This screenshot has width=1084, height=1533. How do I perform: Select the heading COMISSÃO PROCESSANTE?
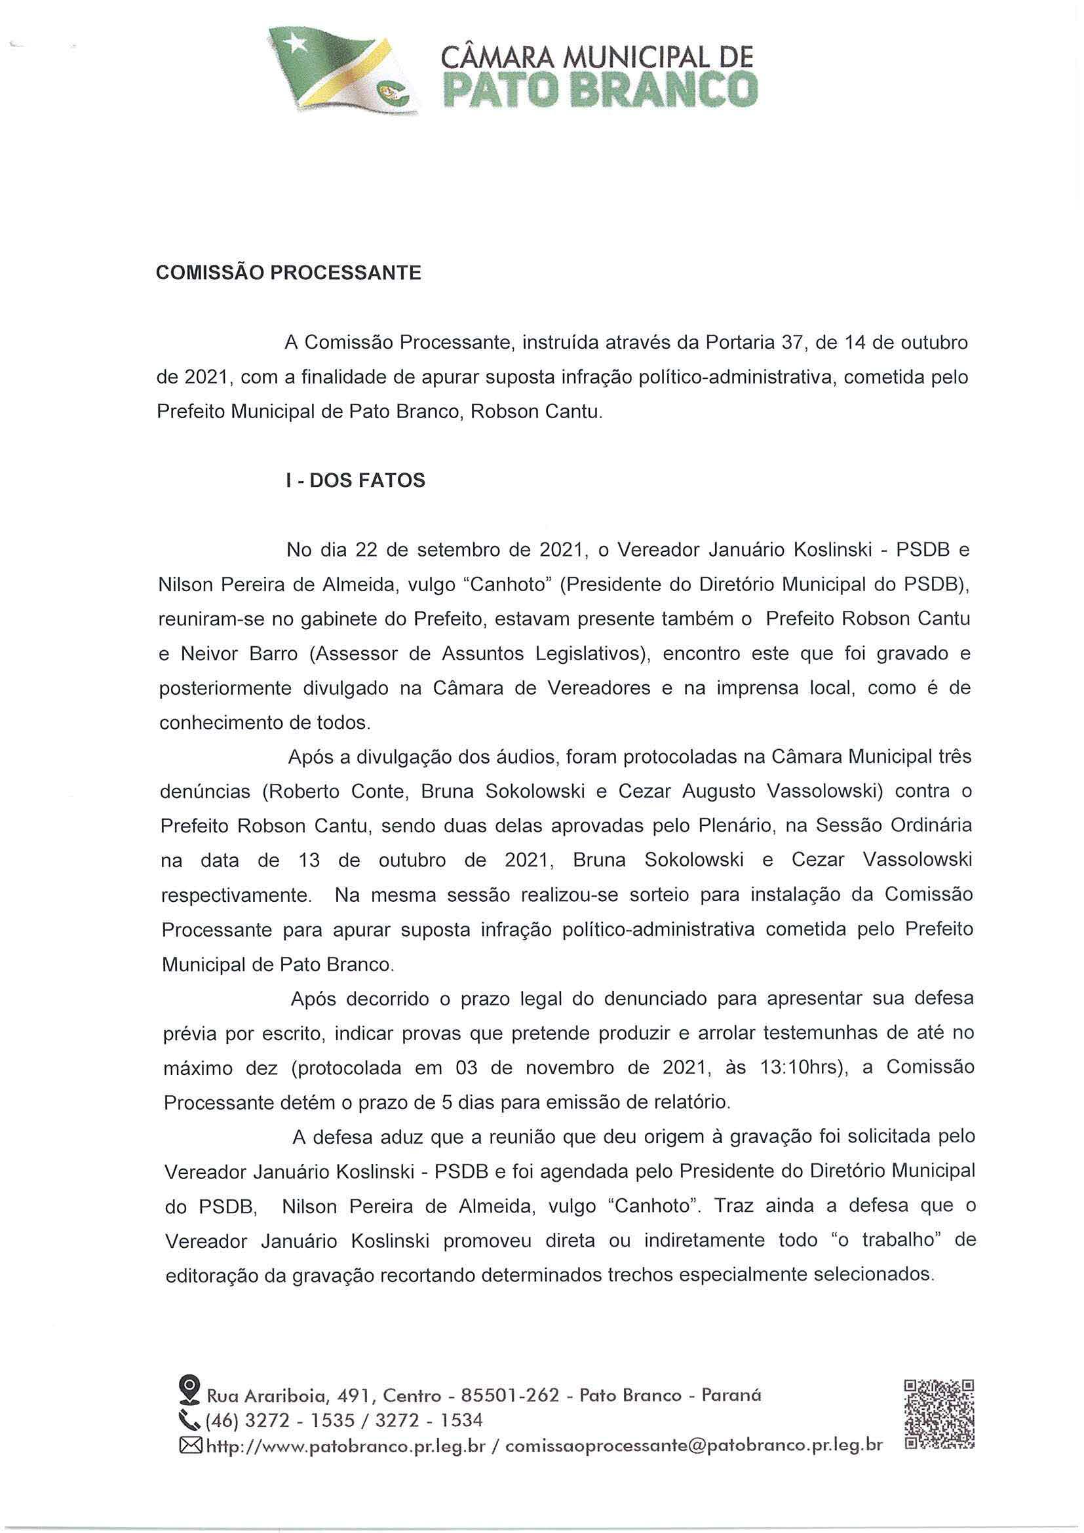[x=289, y=274]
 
